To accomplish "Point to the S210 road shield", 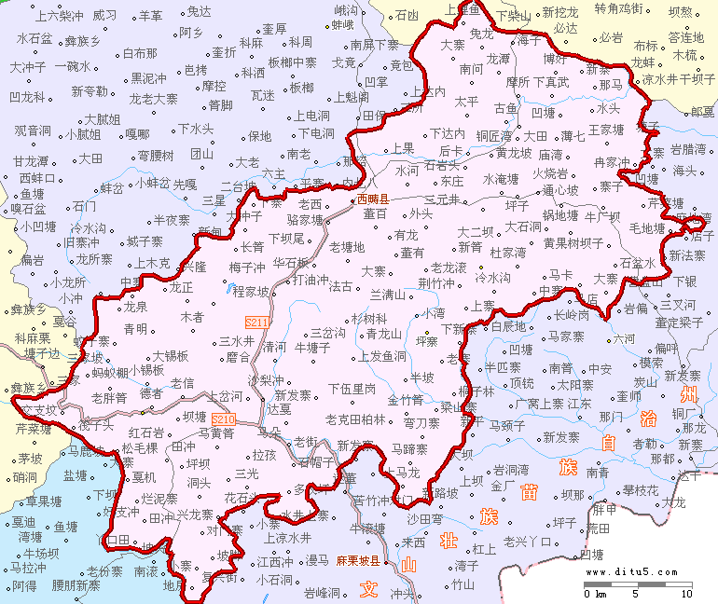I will [x=224, y=419].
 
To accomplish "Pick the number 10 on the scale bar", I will [x=686, y=594].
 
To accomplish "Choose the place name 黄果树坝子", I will [x=574, y=243].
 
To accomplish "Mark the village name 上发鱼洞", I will [x=381, y=356].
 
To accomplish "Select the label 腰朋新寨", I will [x=76, y=585].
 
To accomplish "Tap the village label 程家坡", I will [x=250, y=293].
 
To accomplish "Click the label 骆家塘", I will [x=305, y=221].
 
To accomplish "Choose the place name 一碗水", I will [x=72, y=67].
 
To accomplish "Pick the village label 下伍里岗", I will [x=352, y=388].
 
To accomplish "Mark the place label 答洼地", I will [x=686, y=38].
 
